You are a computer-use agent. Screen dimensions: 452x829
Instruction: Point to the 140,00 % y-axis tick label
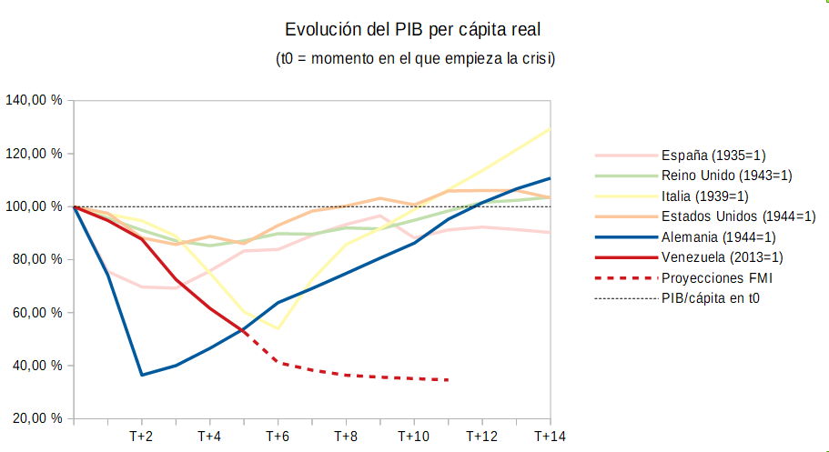coord(34,100)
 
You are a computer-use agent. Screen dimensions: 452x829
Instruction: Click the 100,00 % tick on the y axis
coord(34,206)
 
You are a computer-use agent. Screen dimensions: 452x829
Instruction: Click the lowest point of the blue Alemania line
coord(142,375)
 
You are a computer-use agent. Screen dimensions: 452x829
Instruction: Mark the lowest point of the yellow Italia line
coord(278,328)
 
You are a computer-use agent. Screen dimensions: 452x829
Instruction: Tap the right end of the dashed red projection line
coord(449,380)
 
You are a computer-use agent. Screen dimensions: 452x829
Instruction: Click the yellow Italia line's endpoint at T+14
coord(550,128)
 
